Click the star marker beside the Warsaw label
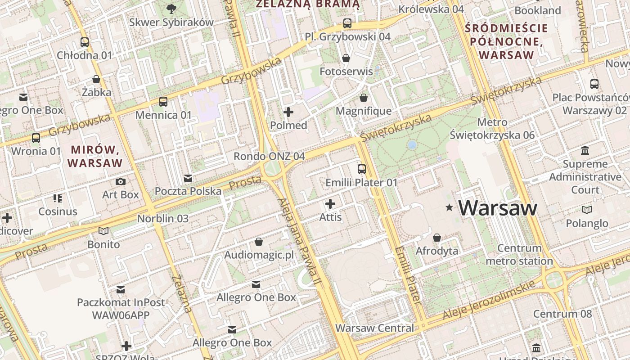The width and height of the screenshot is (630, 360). (449, 207)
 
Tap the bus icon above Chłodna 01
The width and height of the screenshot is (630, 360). (85, 42)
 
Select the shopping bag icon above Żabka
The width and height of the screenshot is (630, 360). (96, 80)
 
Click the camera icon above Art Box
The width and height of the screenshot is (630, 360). (121, 181)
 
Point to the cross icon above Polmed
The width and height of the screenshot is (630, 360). (288, 112)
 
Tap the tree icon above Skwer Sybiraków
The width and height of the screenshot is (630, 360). (171, 8)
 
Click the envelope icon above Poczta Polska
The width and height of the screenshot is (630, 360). (188, 178)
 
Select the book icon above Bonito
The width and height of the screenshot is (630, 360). (103, 231)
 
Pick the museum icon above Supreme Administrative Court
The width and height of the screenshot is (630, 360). (585, 150)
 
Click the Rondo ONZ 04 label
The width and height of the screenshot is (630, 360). (269, 156)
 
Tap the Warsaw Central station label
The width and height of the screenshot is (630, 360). (374, 328)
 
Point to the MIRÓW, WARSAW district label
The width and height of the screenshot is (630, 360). (95, 156)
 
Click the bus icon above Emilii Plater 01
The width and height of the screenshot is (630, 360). (362, 169)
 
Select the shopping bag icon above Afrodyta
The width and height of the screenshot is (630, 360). (436, 238)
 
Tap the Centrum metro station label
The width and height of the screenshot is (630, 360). (519, 254)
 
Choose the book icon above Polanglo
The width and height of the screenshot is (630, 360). (587, 210)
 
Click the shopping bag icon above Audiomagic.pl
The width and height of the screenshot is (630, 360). (259, 242)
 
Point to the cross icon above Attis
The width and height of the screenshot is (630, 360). (330, 204)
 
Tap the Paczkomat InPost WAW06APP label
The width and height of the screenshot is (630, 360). (121, 308)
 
